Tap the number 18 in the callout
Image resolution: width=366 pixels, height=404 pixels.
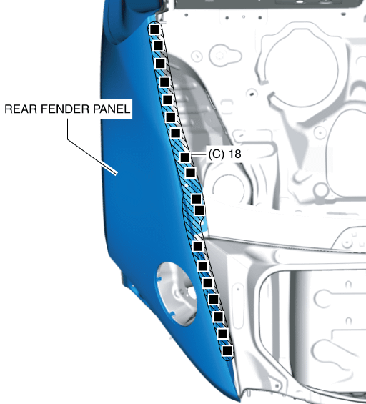pos(234,154)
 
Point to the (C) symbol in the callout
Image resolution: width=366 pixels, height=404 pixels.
pos(217,154)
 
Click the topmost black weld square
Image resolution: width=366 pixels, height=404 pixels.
pos(154,29)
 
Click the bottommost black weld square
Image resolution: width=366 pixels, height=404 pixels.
pos(227,350)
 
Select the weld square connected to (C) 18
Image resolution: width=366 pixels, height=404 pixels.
pos(185,157)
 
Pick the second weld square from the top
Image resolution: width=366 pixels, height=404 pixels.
pos(158,46)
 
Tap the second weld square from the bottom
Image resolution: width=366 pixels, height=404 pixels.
pos(223,334)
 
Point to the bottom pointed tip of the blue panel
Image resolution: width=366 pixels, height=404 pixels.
pos(239,400)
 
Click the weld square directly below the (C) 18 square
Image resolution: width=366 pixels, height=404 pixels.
pos(190,172)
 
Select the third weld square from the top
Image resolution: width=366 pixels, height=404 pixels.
pos(160,64)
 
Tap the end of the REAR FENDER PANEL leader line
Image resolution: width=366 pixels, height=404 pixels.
pos(116,174)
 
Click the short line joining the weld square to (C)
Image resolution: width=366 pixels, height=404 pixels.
pos(198,156)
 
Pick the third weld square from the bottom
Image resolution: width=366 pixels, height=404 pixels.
pos(218,317)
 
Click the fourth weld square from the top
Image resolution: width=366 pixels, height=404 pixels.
pos(164,82)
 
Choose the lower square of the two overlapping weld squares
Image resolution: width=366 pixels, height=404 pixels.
pos(199,210)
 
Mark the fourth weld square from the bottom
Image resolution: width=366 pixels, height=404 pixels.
pos(214,300)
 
